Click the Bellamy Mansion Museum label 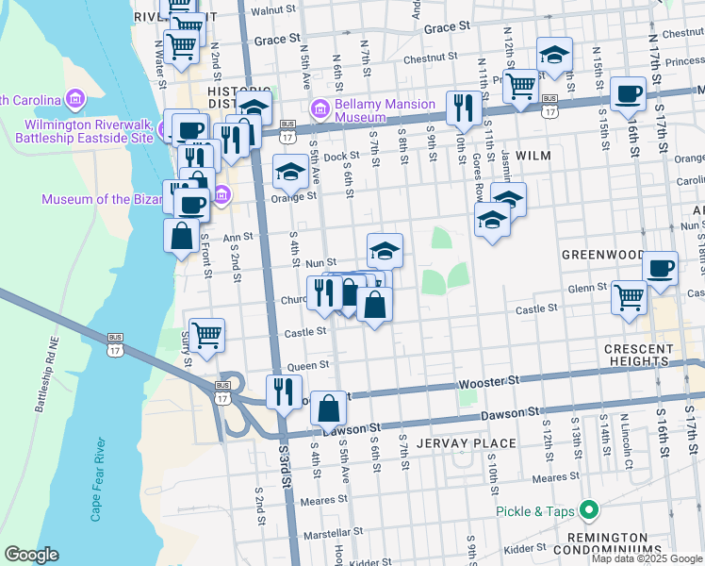click(375, 110)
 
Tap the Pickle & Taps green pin click(590, 511)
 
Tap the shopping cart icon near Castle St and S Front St click(206, 333)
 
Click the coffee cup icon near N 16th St click(628, 93)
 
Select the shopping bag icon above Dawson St click(327, 408)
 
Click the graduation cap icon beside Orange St click(289, 172)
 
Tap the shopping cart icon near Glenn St click(629, 296)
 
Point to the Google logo click(31, 555)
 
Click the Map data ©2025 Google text click(646, 558)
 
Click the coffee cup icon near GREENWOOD click(660, 267)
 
